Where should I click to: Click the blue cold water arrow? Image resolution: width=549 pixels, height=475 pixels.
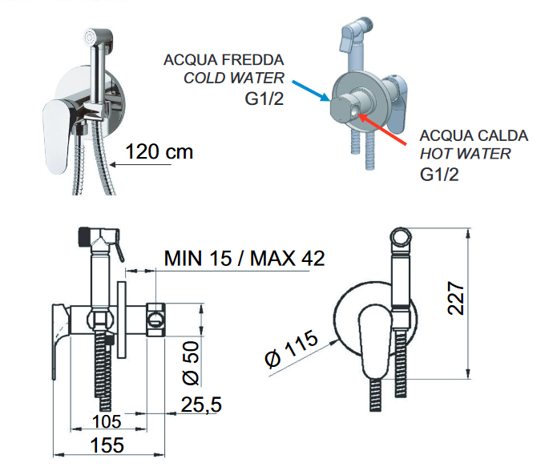click(310, 91)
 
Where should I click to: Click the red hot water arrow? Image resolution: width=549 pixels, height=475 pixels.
click(382, 130)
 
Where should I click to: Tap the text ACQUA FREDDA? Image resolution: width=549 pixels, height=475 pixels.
click(224, 60)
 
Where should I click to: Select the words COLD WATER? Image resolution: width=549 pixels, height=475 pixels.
click(234, 78)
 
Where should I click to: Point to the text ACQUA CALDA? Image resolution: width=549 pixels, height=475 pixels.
click(474, 135)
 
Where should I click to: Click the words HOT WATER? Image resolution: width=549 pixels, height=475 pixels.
click(466, 154)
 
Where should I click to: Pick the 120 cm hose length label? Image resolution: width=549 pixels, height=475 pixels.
click(159, 151)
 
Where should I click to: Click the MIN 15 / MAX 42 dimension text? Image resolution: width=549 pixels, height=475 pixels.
click(244, 259)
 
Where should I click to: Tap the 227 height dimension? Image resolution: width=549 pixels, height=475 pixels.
click(456, 298)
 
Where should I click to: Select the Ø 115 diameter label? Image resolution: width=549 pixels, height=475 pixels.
click(291, 349)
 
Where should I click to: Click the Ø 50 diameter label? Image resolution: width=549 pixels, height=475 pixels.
click(192, 364)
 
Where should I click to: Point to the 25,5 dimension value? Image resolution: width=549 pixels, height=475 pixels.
click(201, 405)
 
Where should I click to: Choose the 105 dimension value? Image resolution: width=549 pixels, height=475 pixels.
click(107, 421)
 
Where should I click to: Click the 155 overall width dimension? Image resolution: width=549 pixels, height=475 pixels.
click(107, 445)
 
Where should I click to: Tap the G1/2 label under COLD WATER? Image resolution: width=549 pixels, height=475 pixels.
click(264, 99)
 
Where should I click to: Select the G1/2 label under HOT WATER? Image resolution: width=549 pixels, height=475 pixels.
click(439, 175)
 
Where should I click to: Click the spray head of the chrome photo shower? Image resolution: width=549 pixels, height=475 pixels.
click(99, 38)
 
